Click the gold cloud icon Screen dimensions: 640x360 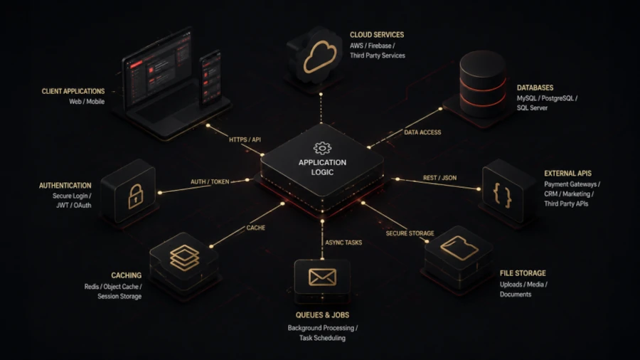(321, 57)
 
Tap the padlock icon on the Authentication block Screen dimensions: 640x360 (136, 196)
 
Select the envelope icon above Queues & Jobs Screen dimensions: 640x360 (322, 277)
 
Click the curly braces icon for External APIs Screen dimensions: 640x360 (503, 195)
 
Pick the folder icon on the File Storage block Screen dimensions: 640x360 (459, 248)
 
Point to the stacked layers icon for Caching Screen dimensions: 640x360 (184, 258)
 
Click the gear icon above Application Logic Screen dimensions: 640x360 (322, 148)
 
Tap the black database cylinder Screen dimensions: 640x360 (482, 84)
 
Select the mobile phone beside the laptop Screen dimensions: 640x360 (210, 78)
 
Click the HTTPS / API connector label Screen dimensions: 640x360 (245, 139)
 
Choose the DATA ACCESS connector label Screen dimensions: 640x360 (422, 132)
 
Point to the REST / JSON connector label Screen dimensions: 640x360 (439, 178)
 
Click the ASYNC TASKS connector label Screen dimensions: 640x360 (343, 243)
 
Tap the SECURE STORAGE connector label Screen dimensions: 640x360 (410, 233)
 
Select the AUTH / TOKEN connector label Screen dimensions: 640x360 (210, 181)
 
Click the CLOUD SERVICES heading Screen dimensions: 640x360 (377, 35)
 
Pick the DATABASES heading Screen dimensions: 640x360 (535, 88)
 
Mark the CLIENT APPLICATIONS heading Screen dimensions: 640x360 (73, 91)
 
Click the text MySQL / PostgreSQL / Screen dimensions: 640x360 (547, 98)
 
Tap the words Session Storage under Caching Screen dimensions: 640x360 (119, 297)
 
